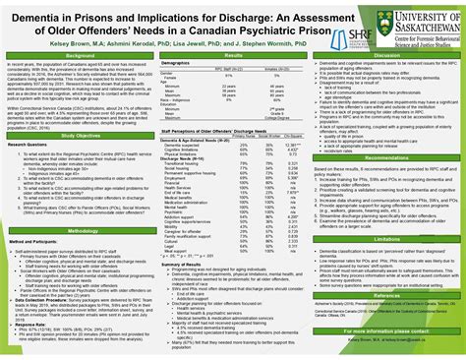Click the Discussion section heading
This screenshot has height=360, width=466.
pyautogui.click(x=387, y=56)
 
